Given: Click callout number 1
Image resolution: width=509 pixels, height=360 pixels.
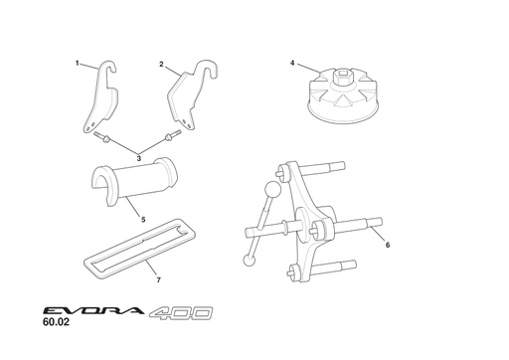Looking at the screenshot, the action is point(78,63).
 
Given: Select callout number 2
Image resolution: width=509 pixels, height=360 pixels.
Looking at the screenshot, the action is point(161,65).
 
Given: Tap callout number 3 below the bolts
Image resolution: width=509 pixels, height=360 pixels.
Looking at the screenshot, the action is point(139,158).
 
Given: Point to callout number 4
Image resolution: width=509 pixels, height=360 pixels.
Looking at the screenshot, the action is point(292,63).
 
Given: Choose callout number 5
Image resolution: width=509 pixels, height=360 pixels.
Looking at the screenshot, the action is point(143,220).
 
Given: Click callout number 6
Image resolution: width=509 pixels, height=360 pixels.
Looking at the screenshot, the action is point(388,245).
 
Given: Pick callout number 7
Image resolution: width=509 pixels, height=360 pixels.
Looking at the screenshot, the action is point(158,280).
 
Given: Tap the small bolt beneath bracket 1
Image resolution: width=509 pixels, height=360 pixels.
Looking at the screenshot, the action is point(101,137).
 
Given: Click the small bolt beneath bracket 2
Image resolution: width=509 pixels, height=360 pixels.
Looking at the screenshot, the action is point(173,135).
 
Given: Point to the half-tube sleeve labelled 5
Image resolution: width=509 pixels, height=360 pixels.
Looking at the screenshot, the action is point(134,182).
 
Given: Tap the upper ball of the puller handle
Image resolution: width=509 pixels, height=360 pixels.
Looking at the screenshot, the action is point(273,190).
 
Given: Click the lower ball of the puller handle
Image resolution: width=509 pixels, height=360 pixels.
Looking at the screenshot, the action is point(250,260).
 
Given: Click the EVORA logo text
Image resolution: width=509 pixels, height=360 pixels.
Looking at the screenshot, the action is point(93,311).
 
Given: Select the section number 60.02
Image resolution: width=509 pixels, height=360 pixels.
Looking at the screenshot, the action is point(56,322).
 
